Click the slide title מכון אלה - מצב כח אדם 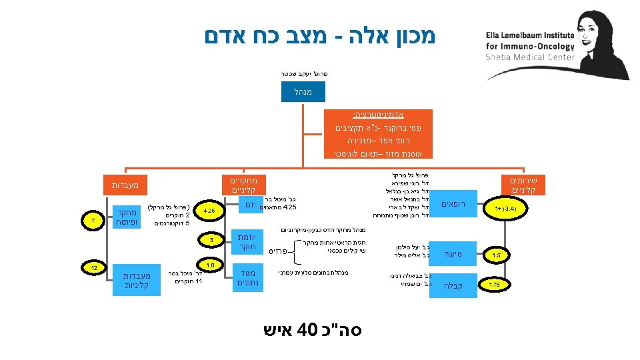click(321, 37)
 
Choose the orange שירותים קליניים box click(527, 185)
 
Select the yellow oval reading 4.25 click(209, 211)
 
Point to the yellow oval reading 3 click(211, 239)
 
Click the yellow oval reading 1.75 click(495, 285)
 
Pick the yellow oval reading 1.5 click(496, 255)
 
